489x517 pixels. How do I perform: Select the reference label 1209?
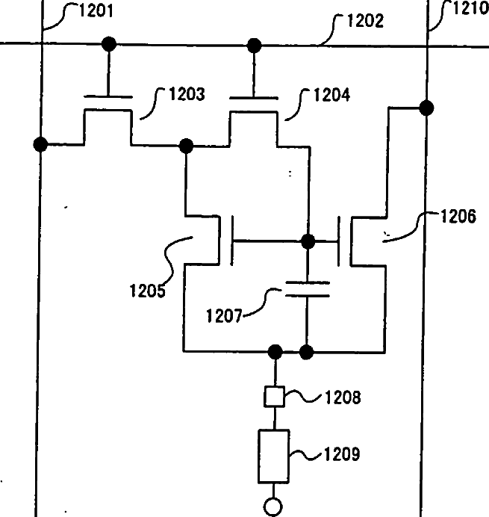(x=342, y=453)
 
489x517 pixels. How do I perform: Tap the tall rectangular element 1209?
(x=274, y=456)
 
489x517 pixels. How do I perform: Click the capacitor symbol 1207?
(x=306, y=289)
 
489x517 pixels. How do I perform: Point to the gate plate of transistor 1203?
(x=109, y=96)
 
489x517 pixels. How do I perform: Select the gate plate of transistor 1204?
(x=254, y=96)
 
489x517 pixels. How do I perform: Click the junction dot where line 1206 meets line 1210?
(x=426, y=108)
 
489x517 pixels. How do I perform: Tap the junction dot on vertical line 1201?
(x=40, y=144)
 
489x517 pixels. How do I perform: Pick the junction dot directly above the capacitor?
(x=306, y=241)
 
